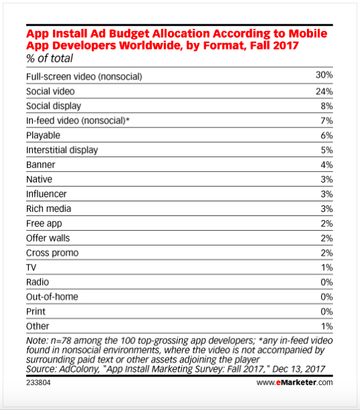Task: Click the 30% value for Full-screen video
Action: point(324,75)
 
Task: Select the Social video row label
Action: point(50,91)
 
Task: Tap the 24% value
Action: point(324,91)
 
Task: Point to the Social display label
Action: point(54,106)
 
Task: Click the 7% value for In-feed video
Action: point(327,121)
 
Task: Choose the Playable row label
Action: point(43,136)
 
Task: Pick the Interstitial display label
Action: point(62,150)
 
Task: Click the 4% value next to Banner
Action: point(327,164)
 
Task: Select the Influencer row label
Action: point(46,194)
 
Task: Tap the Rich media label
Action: point(48,209)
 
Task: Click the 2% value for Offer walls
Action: point(327,238)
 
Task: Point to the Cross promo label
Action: point(52,253)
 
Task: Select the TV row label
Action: point(31,268)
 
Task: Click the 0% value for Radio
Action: point(327,282)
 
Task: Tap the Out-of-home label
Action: point(52,297)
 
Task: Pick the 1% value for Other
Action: point(327,326)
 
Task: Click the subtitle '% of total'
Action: point(50,58)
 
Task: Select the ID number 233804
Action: point(38,382)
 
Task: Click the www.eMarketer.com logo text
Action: point(295,382)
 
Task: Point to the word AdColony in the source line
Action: point(79,369)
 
